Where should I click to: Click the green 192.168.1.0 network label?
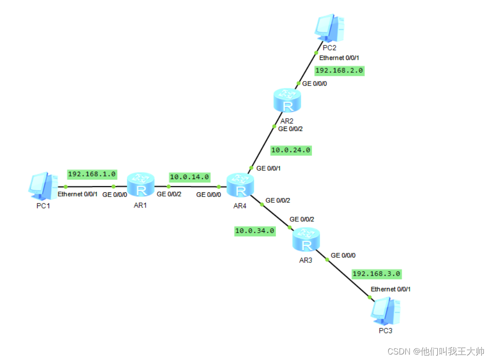(92, 174)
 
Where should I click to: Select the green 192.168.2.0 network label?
(339, 71)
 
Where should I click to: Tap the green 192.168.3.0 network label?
(376, 274)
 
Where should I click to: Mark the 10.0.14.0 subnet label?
(190, 176)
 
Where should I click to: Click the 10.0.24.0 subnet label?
(291, 150)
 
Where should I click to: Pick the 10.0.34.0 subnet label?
(255, 231)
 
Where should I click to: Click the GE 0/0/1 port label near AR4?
(268, 169)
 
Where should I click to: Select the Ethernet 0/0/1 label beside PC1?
(77, 194)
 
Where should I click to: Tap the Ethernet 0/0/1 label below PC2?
(339, 58)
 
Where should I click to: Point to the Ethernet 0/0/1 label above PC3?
(391, 289)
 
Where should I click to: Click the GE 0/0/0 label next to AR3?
(343, 255)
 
